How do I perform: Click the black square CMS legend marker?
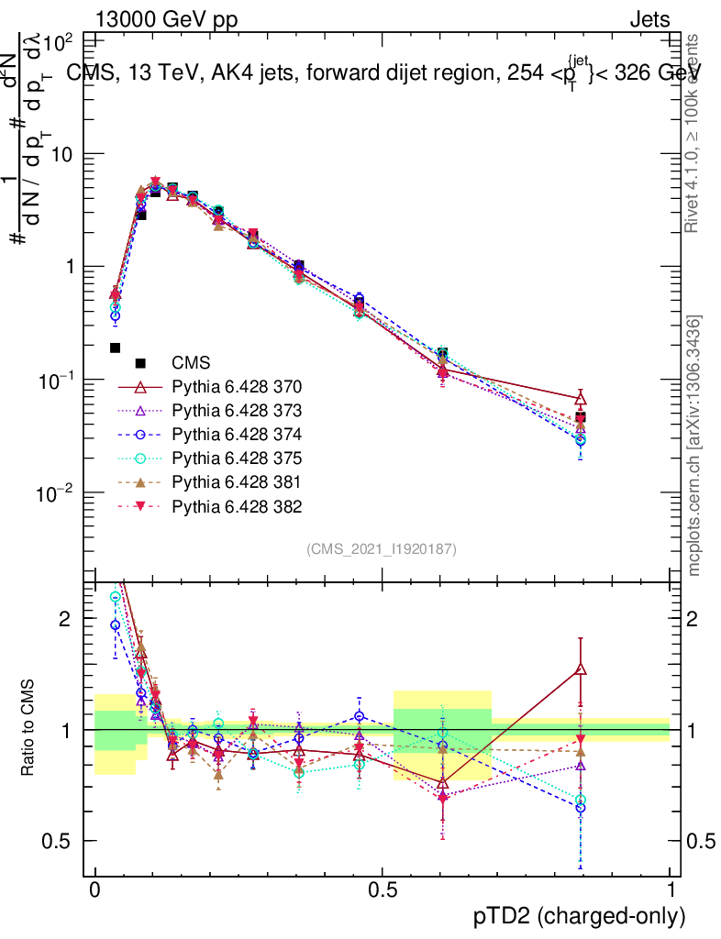coord(140,363)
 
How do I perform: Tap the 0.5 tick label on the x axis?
coord(382,889)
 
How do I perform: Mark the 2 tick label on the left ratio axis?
coord(65,619)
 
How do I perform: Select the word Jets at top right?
coord(649,19)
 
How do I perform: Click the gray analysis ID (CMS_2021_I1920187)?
coord(382,548)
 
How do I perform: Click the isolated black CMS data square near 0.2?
coord(116,348)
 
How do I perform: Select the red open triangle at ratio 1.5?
coord(581,669)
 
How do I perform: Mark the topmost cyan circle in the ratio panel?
coord(116,597)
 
